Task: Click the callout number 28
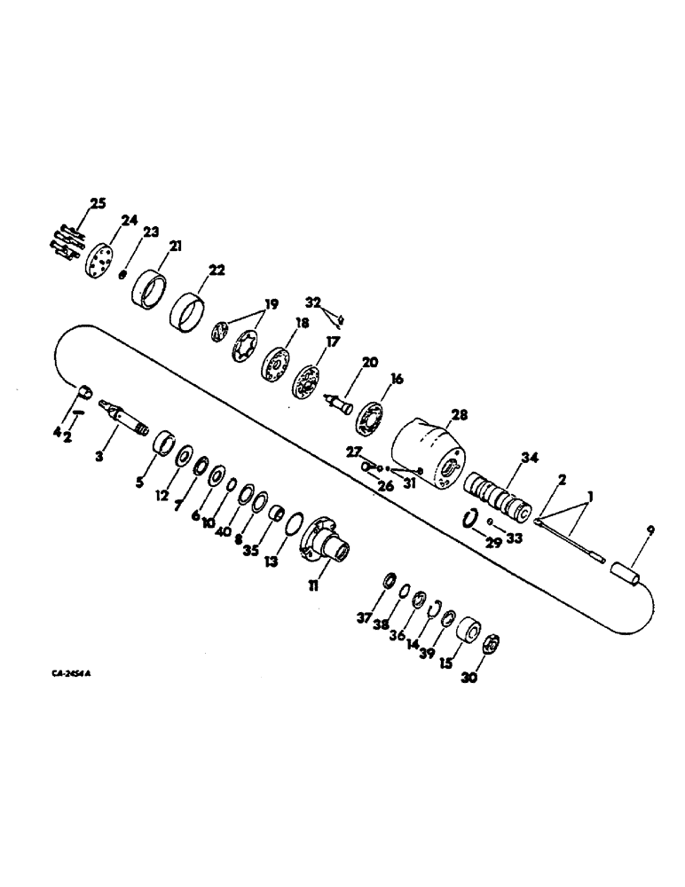pos(460,414)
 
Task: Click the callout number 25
pos(98,203)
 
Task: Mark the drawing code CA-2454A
pos(71,674)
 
